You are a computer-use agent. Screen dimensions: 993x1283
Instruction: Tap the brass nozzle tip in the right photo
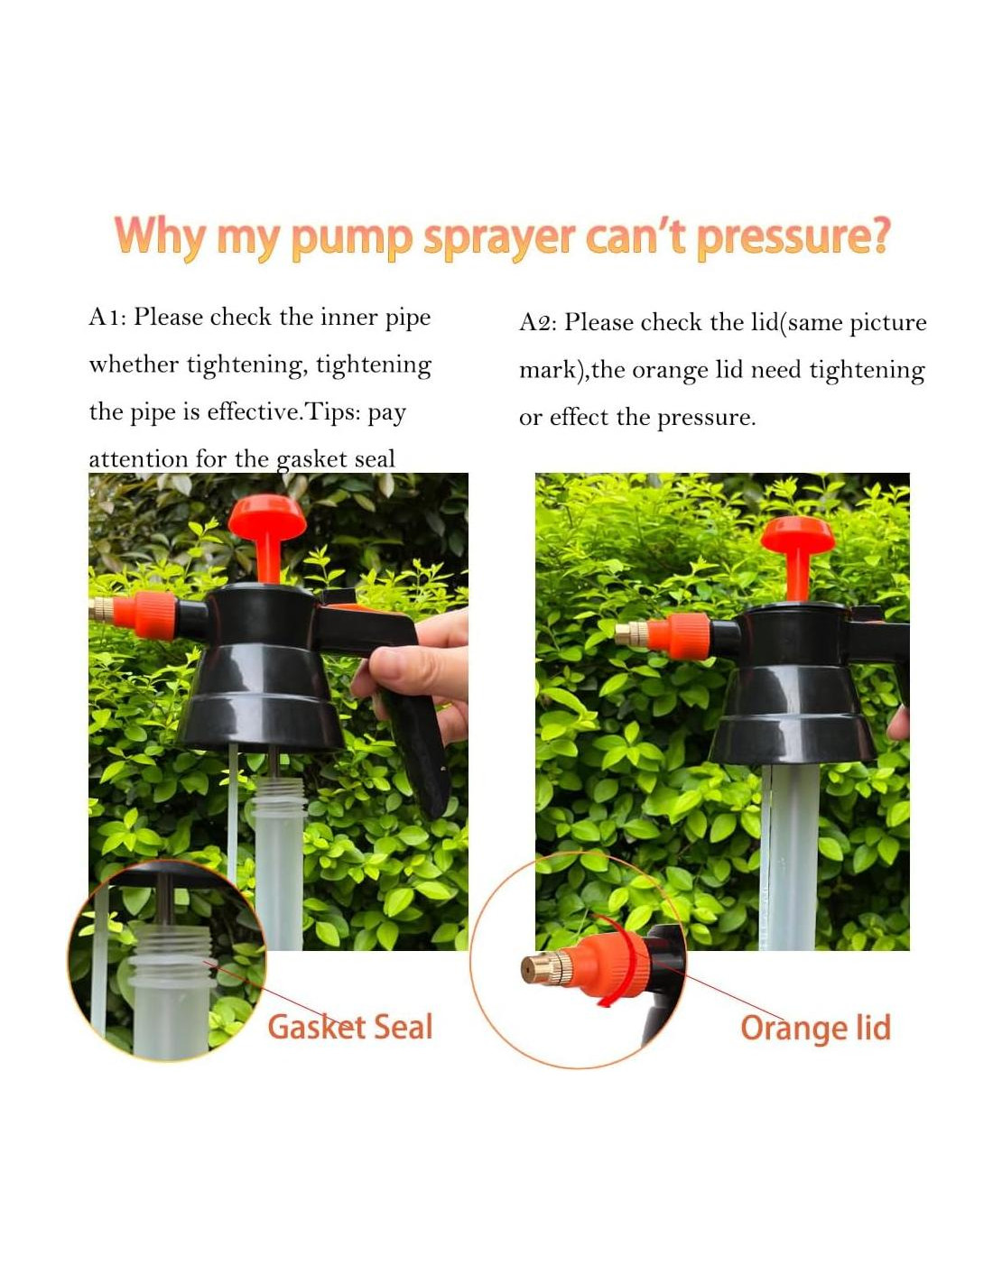coord(632,634)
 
